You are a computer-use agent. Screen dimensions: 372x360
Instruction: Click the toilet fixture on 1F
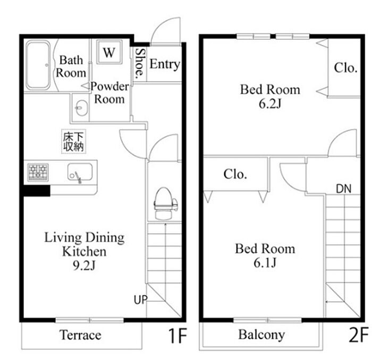click(164, 203)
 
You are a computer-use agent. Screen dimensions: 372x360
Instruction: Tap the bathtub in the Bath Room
click(38, 65)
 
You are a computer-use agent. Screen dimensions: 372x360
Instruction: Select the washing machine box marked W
click(109, 52)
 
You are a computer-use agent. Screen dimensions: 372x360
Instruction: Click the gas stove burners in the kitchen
click(38, 172)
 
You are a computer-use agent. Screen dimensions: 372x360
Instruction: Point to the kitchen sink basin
click(80, 172)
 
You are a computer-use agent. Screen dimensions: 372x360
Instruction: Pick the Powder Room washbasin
click(81, 108)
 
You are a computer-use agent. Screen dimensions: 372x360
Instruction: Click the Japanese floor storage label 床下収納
click(73, 141)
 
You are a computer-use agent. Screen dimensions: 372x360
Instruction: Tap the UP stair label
click(140, 300)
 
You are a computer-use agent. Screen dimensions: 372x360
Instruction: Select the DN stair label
click(343, 189)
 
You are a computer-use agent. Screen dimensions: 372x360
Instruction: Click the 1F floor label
click(177, 336)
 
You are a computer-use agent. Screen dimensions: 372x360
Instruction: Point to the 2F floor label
click(359, 334)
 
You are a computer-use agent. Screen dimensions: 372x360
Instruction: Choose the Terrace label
click(80, 335)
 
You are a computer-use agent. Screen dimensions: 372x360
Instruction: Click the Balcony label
click(261, 335)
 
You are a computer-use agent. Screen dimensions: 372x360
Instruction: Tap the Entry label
click(165, 64)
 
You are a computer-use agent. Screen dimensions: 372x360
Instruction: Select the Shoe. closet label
click(140, 64)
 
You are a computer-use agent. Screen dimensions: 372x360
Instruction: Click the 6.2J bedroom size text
click(270, 104)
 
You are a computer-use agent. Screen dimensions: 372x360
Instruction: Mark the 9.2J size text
click(84, 265)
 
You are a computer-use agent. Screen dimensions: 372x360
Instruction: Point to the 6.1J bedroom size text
click(265, 263)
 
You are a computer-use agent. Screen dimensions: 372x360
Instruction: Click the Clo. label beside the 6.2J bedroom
click(345, 68)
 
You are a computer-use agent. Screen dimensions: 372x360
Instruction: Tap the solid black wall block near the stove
click(37, 191)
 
